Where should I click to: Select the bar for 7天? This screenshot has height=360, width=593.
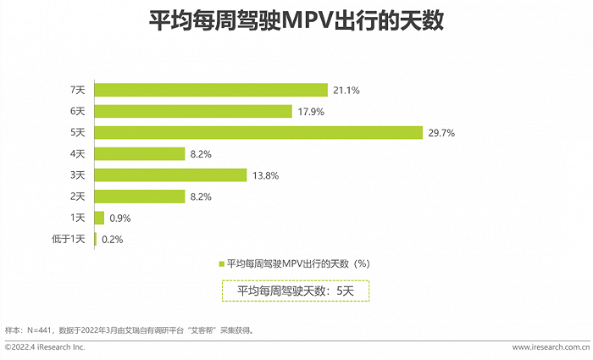[211, 90]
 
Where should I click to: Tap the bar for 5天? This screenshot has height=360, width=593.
[258, 132]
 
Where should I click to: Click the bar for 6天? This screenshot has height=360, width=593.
[194, 111]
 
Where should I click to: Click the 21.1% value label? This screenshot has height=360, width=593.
[346, 90]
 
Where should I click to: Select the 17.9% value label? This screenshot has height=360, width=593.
[311, 111]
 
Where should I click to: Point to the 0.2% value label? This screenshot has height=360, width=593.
[113, 239]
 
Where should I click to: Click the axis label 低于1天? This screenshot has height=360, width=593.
[69, 239]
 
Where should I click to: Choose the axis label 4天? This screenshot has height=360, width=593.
[77, 154]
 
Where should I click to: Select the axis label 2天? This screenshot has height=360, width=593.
[77, 197]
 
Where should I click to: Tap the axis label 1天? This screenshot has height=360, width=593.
[77, 218]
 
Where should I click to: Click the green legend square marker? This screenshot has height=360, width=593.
[222, 263]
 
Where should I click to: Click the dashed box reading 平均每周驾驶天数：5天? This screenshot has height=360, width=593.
[296, 291]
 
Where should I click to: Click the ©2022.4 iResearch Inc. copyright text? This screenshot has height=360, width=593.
[45, 347]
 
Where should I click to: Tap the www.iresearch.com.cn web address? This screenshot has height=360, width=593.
[551, 347]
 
